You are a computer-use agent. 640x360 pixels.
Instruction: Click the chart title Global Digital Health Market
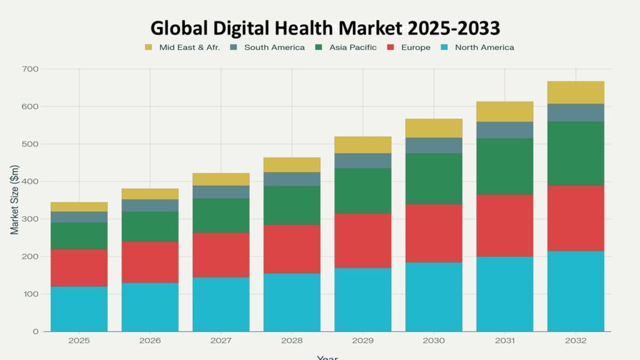tap(325, 28)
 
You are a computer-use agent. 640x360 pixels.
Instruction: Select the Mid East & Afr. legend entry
tap(182, 47)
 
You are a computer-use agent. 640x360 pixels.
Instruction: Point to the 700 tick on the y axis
tap(30, 69)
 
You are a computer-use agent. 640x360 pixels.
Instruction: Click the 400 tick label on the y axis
tap(30, 181)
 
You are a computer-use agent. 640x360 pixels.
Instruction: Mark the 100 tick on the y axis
tap(30, 294)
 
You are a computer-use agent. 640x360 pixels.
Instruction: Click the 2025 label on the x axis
tap(79, 341)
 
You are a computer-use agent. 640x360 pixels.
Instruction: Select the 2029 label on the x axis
tap(362, 341)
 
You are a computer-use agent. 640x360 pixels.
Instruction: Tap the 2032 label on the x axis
tap(576, 341)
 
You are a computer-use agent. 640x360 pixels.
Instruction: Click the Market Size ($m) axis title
tap(15, 200)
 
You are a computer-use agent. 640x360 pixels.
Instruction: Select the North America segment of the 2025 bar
tap(79, 309)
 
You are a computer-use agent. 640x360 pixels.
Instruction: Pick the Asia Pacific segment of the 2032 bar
tap(576, 153)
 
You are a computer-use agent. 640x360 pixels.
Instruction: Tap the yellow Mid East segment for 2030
tap(434, 128)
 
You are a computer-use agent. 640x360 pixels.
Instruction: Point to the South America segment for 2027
tap(221, 192)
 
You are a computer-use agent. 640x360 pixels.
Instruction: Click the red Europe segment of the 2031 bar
tap(504, 225)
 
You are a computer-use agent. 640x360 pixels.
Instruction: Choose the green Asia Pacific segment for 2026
tap(150, 226)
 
